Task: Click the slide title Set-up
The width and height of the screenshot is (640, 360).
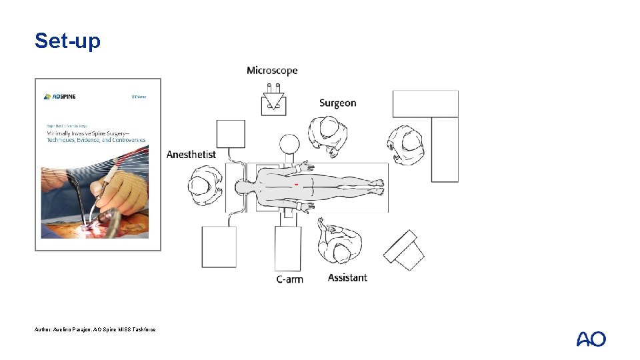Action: pyautogui.click(x=67, y=41)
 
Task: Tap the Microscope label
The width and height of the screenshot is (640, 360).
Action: pyautogui.click(x=272, y=71)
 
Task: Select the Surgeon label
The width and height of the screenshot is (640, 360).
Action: pyautogui.click(x=337, y=103)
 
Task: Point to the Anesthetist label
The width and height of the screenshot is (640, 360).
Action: pyautogui.click(x=191, y=155)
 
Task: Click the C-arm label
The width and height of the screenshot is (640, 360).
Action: pyautogui.click(x=289, y=279)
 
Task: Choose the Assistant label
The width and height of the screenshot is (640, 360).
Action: pyautogui.click(x=347, y=277)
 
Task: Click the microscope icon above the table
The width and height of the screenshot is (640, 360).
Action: pyautogui.click(x=273, y=101)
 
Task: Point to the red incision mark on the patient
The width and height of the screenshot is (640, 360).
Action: pyautogui.click(x=296, y=183)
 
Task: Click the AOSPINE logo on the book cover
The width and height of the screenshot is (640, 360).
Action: pyautogui.click(x=60, y=97)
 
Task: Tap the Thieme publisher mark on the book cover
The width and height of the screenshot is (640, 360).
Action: pyautogui.click(x=137, y=97)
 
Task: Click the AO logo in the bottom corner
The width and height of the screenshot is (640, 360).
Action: pyautogui.click(x=591, y=339)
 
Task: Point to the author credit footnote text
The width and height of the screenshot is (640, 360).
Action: pyautogui.click(x=95, y=329)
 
